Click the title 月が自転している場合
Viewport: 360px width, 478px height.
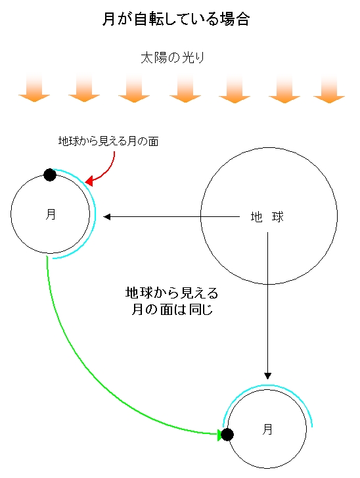176,19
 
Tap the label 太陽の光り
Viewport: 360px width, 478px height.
172,58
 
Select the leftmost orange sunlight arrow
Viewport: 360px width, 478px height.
34,88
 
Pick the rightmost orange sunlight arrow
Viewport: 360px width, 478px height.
329,88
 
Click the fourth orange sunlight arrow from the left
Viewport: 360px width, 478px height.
185,88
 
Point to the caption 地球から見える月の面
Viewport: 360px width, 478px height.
108,141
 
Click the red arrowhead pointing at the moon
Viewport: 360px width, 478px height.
89,181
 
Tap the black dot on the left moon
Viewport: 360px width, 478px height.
50,175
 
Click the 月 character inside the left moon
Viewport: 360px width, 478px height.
51,214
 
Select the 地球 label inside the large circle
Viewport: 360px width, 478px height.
267,217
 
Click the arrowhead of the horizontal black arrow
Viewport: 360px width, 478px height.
106,217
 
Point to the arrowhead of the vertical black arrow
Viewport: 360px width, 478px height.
267,376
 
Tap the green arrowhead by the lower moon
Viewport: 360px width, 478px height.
219,435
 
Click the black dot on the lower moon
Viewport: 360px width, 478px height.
227,435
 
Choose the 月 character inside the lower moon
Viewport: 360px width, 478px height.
267,429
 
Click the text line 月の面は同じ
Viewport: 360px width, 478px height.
172,310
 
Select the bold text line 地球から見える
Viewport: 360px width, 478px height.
171,293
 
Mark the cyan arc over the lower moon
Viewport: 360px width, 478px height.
267,385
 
